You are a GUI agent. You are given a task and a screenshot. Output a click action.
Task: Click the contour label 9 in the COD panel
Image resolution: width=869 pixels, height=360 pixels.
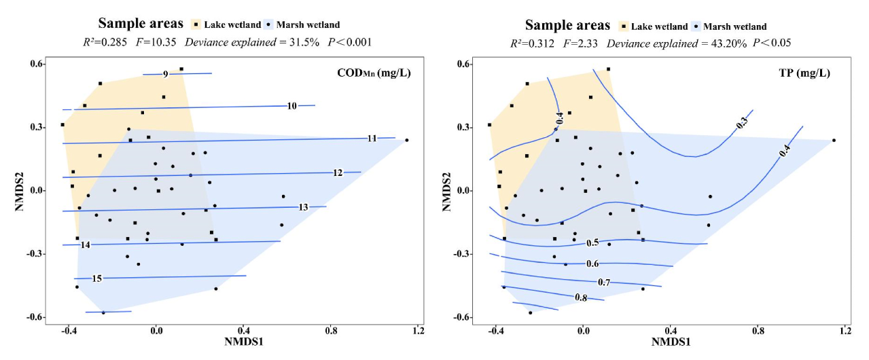click(165, 74)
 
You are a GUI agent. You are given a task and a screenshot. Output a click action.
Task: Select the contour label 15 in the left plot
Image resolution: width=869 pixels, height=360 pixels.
click(97, 278)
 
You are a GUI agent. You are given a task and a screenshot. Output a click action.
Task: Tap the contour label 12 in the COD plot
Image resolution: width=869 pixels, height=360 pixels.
click(338, 173)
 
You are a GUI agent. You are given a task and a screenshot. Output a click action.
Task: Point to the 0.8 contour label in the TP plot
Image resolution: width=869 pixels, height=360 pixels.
click(581, 298)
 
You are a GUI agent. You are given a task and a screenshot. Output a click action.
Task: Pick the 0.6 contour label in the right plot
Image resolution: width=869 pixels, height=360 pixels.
click(592, 264)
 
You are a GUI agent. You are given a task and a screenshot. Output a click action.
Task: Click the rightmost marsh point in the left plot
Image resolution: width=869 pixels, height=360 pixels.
click(407, 140)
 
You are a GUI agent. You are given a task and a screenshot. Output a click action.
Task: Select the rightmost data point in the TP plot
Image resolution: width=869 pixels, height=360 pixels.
click(834, 141)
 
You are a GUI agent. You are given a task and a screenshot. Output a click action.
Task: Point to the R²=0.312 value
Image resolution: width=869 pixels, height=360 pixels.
click(532, 43)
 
